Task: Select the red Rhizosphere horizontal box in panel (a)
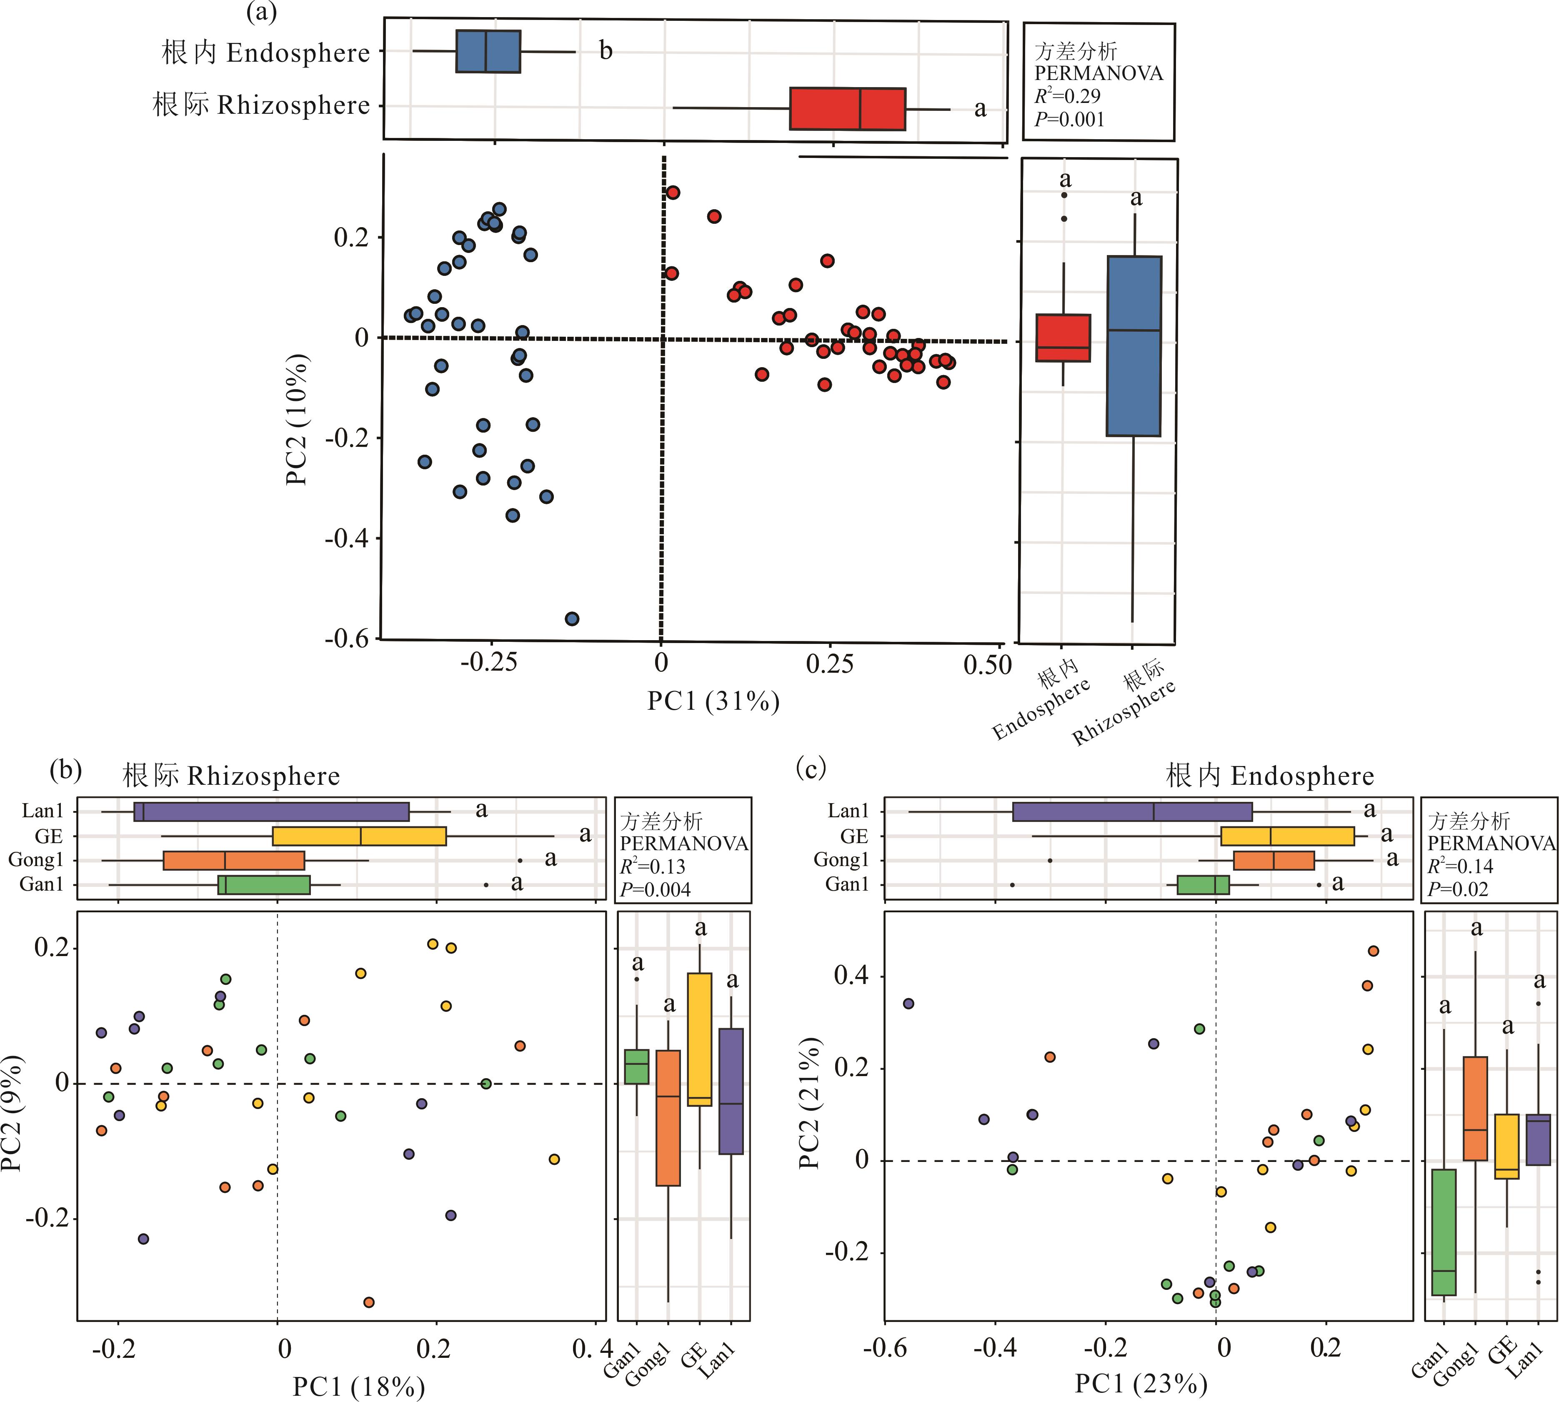tap(847, 109)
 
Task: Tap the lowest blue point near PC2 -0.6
tap(571, 618)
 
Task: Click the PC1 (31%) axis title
tap(713, 701)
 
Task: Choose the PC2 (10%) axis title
tap(297, 420)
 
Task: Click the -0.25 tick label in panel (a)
tap(488, 663)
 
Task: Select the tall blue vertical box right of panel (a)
tap(1134, 346)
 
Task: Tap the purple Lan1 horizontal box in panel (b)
tap(271, 812)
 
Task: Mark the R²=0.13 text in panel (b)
tap(653, 866)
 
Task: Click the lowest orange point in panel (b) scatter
tap(369, 1302)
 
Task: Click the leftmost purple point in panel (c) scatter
tap(908, 1003)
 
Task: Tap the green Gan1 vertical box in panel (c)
tap(1444, 1232)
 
